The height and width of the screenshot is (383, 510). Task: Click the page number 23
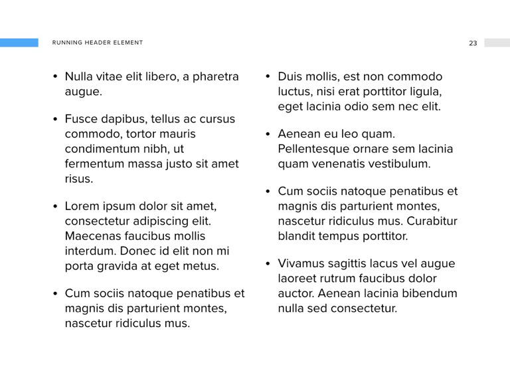(x=473, y=43)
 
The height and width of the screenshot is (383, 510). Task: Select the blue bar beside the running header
(x=19, y=43)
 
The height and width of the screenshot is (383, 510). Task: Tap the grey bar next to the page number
(x=497, y=43)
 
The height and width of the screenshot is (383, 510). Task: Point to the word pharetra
(x=216, y=76)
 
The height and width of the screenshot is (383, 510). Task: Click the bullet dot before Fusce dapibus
(x=56, y=120)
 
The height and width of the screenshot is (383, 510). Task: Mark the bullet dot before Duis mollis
(x=268, y=77)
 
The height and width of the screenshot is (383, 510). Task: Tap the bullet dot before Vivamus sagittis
(x=268, y=264)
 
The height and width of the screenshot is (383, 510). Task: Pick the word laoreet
(x=297, y=279)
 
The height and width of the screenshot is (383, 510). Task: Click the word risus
(x=78, y=179)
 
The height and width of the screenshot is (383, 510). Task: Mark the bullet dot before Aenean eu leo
(x=268, y=134)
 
